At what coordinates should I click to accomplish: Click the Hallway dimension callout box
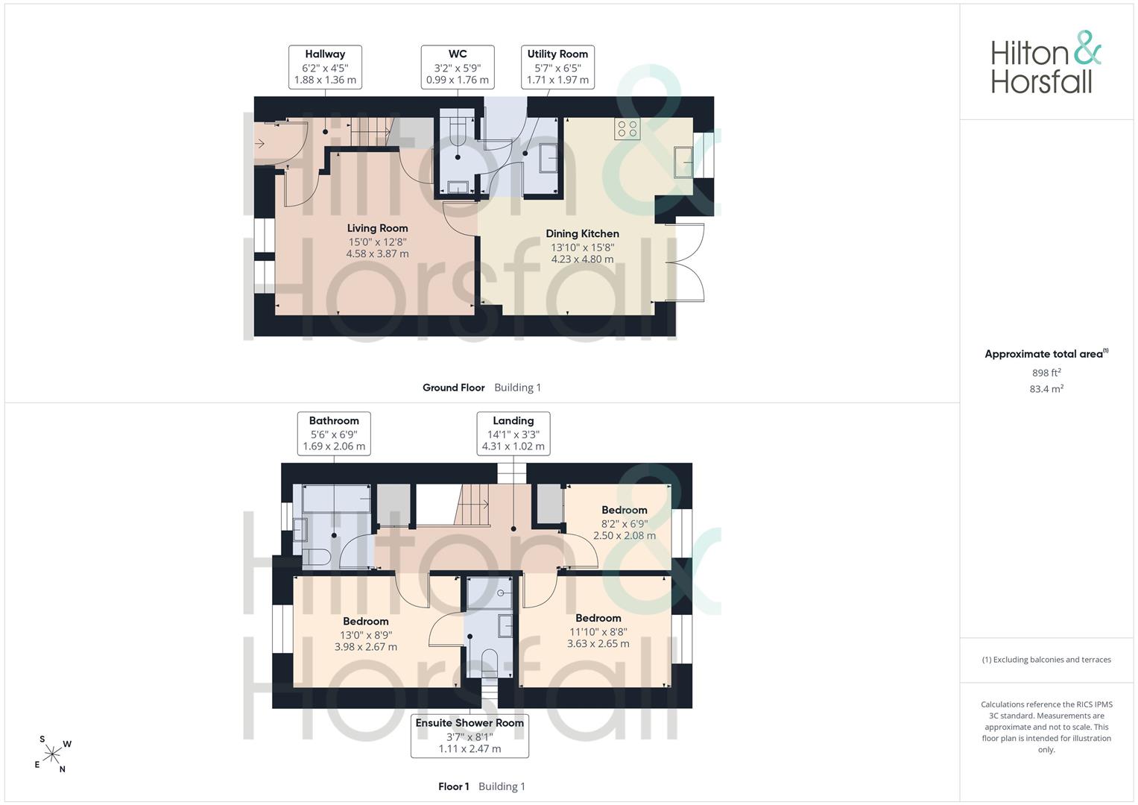click(325, 67)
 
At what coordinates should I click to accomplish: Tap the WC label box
click(458, 67)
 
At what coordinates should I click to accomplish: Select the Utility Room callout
click(557, 67)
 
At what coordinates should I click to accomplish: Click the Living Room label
click(378, 241)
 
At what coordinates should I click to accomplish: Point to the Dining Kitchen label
click(583, 246)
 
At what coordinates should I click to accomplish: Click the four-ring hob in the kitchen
click(628, 129)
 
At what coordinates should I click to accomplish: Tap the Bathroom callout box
click(334, 434)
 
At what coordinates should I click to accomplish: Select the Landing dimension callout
click(513, 434)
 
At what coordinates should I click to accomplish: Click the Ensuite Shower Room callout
click(470, 736)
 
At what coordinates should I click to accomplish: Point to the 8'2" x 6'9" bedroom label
click(625, 523)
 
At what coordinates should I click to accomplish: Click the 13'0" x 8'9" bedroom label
click(366, 634)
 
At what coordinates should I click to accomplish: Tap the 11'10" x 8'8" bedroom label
click(598, 631)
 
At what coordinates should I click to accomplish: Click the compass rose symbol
click(52, 754)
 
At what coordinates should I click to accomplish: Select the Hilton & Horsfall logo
click(1046, 62)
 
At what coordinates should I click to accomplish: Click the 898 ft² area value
click(1046, 373)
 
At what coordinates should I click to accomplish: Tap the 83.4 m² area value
click(1046, 389)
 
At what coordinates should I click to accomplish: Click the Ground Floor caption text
click(454, 388)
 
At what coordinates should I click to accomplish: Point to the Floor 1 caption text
click(454, 786)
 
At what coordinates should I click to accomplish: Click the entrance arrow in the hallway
click(259, 145)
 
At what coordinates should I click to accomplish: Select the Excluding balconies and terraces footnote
click(1046, 660)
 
